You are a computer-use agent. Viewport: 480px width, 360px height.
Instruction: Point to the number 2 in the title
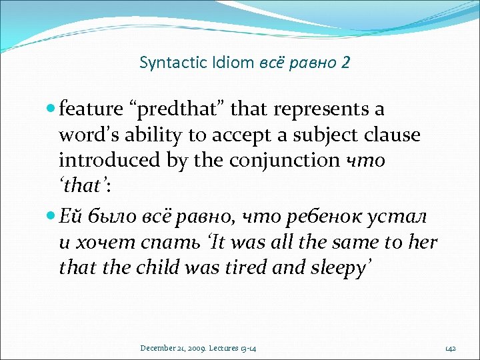coord(345,63)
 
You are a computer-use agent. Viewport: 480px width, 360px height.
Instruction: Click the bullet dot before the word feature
coord(52,109)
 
